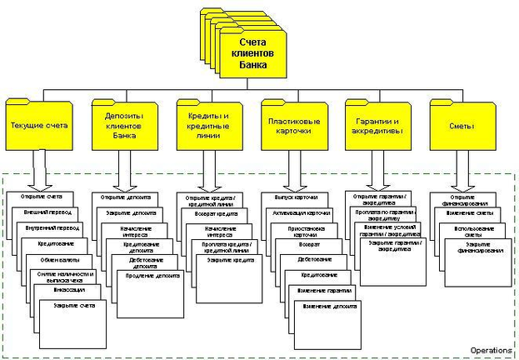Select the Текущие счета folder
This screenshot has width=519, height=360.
click(x=39, y=127)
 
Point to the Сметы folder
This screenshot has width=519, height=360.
click(x=461, y=126)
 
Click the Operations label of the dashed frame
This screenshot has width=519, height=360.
click(x=491, y=349)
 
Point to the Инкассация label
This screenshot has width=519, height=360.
click(x=69, y=291)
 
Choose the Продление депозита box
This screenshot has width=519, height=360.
click(x=153, y=276)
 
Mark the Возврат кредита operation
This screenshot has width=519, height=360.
click(x=215, y=213)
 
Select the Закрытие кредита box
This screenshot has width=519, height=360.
click(x=224, y=260)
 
